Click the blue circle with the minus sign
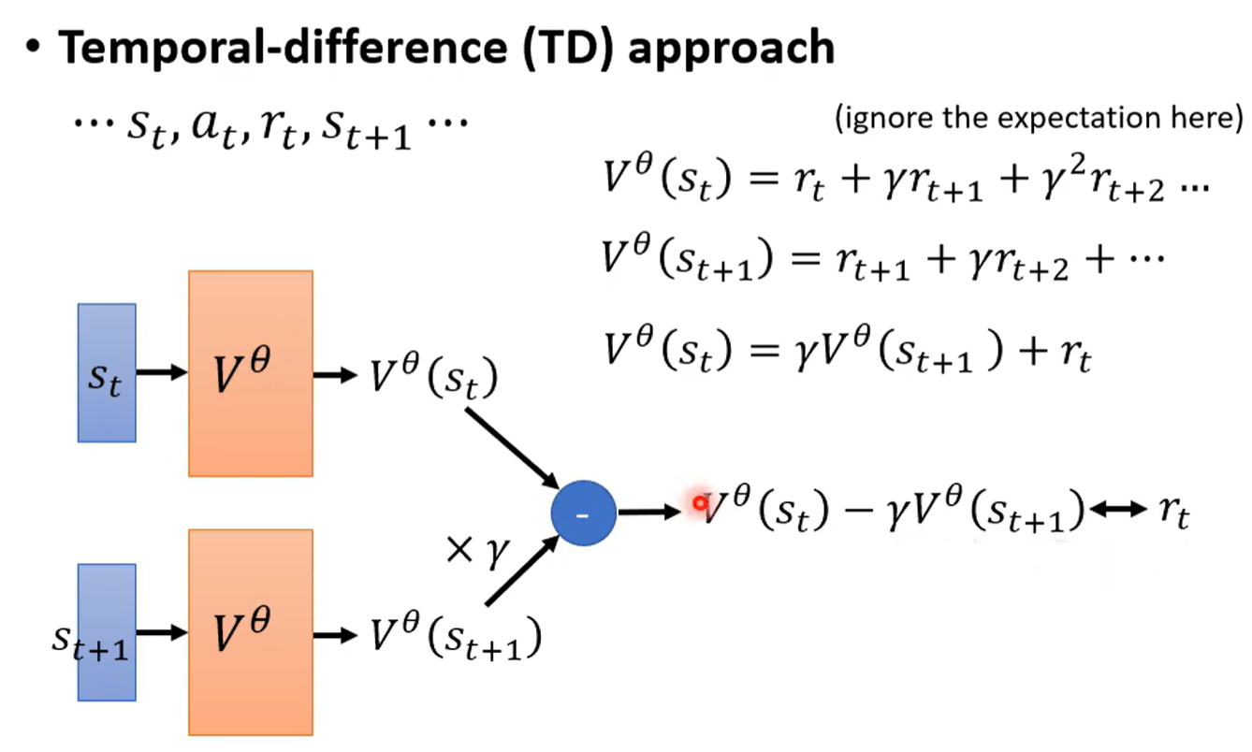[x=583, y=513]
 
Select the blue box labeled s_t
[x=107, y=372]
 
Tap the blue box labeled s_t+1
[x=107, y=632]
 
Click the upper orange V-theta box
[x=250, y=373]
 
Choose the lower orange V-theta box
[x=250, y=632]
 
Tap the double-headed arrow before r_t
[x=1118, y=510]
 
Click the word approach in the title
[x=731, y=48]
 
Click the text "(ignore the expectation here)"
[x=1038, y=119]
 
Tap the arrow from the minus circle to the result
[x=649, y=512]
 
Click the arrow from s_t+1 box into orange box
[x=161, y=632]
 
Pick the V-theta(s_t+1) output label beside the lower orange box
[x=454, y=636]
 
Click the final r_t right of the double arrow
[x=1172, y=513]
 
